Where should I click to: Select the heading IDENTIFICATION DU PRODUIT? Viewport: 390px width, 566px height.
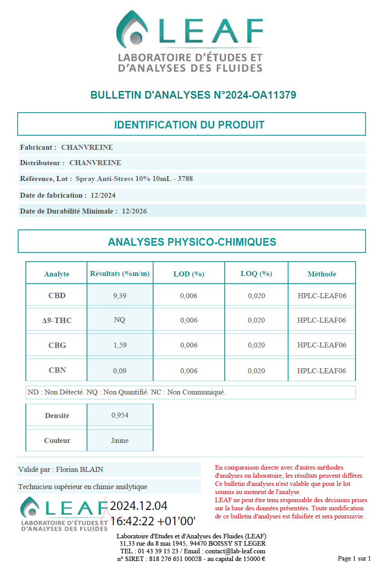(x=189, y=125)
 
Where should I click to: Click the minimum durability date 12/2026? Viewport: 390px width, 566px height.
(x=134, y=211)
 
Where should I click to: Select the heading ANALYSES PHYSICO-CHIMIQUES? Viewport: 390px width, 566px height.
(x=192, y=242)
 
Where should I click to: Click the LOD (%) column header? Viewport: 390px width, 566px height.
(x=189, y=274)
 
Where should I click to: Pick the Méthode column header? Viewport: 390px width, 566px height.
(x=322, y=274)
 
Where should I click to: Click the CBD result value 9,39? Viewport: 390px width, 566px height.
(x=120, y=296)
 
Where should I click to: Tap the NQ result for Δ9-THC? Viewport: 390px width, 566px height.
(x=120, y=320)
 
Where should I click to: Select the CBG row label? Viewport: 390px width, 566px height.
(x=57, y=345)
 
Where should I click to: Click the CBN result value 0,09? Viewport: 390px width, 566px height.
(x=120, y=371)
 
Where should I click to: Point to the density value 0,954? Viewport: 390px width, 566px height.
(x=120, y=415)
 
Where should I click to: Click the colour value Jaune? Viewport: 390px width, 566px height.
(x=120, y=441)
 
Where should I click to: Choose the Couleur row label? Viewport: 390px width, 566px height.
(x=57, y=441)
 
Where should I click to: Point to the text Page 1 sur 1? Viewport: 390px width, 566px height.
(x=354, y=558)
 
